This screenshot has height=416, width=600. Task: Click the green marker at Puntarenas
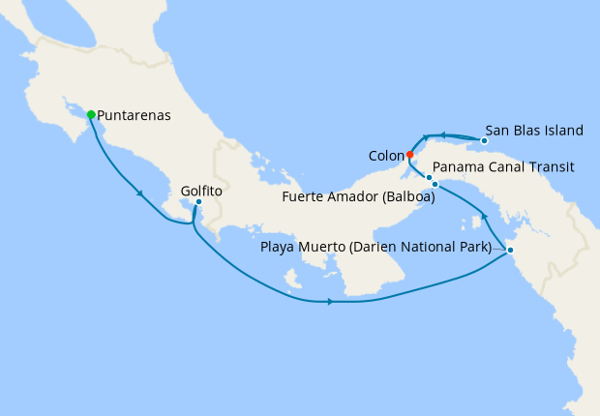[91, 115]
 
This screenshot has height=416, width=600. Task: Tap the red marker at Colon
[410, 155]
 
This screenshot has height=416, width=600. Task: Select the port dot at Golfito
[198, 202]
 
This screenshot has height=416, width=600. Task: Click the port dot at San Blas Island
[484, 141]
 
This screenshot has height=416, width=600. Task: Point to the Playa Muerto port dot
[511, 251]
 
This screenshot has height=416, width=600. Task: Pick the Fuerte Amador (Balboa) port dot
[435, 184]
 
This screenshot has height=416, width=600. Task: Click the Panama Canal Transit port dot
[429, 177]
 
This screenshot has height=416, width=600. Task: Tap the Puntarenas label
[135, 115]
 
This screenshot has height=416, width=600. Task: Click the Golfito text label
[201, 192]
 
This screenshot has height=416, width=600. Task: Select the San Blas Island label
[534, 130]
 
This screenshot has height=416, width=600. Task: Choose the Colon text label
[386, 155]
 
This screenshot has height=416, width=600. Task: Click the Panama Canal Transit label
[504, 166]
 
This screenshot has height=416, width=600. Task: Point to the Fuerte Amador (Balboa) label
[358, 198]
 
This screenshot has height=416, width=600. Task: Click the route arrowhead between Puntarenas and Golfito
[141, 193]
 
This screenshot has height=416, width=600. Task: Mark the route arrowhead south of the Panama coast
[331, 302]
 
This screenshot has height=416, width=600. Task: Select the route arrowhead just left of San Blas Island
[442, 135]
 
